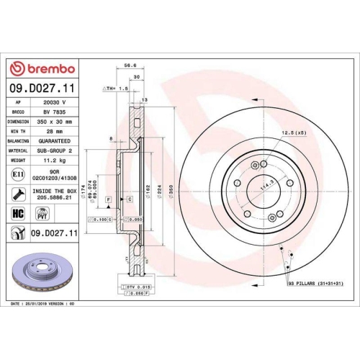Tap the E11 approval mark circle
pos(18,175)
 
